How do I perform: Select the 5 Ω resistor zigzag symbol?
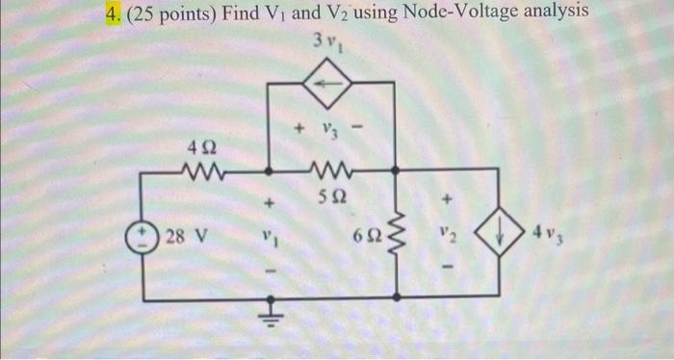(330, 174)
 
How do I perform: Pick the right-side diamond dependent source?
(498, 232)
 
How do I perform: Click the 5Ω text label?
(330, 200)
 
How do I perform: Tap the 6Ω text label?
(367, 236)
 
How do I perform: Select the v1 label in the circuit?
(270, 235)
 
